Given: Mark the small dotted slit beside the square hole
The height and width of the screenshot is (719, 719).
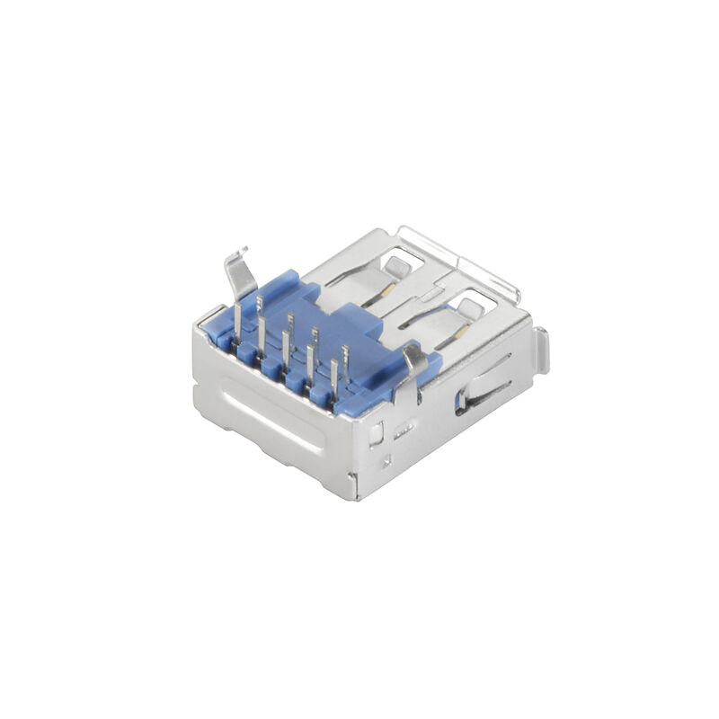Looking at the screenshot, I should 400,427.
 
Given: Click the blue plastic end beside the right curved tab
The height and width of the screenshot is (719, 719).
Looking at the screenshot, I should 433,363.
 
